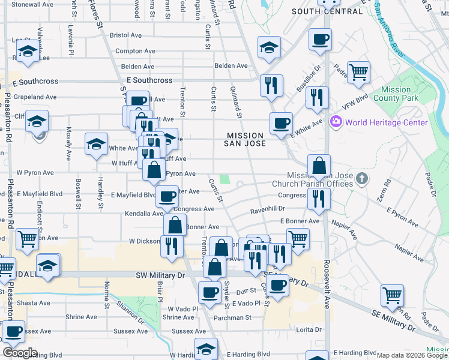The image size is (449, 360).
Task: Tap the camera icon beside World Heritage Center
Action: pos(336,122)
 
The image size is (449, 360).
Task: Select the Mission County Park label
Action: pos(396,94)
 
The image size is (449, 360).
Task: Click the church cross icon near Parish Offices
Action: pos(361,178)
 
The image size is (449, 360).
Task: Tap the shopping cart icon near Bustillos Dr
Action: pos(358,73)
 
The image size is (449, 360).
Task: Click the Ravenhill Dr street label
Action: pos(268,209)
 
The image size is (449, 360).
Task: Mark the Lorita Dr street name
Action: pos(311,329)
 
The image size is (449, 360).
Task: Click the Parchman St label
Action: pos(234,317)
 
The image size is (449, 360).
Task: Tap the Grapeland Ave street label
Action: pos(35,97)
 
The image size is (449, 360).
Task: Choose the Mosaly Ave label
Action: pos(70,139)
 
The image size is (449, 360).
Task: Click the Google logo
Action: pos(20,352)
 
